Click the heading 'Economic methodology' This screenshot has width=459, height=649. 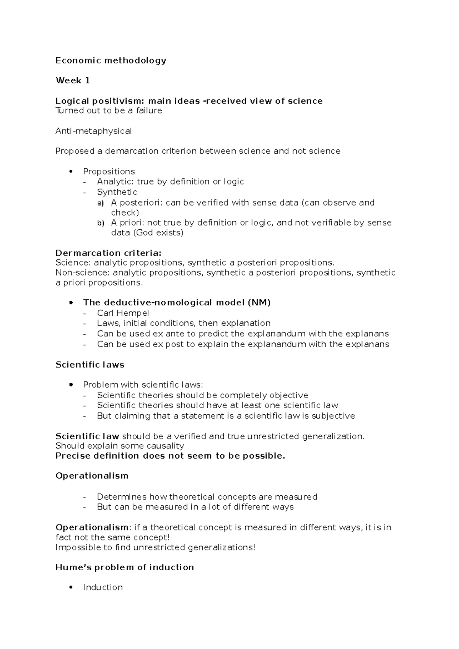[111, 60]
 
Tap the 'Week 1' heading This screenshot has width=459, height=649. [73, 81]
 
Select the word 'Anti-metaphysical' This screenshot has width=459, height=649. [93, 131]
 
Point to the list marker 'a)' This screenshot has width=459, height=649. [100, 203]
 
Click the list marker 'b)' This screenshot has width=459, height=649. [100, 223]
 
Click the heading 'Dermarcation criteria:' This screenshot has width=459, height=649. [109, 253]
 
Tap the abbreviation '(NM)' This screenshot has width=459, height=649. [259, 303]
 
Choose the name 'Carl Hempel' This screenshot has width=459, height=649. [123, 313]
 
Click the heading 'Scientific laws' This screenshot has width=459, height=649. [90, 365]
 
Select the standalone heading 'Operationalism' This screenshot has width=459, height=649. [92, 476]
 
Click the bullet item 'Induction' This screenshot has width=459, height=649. [103, 587]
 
